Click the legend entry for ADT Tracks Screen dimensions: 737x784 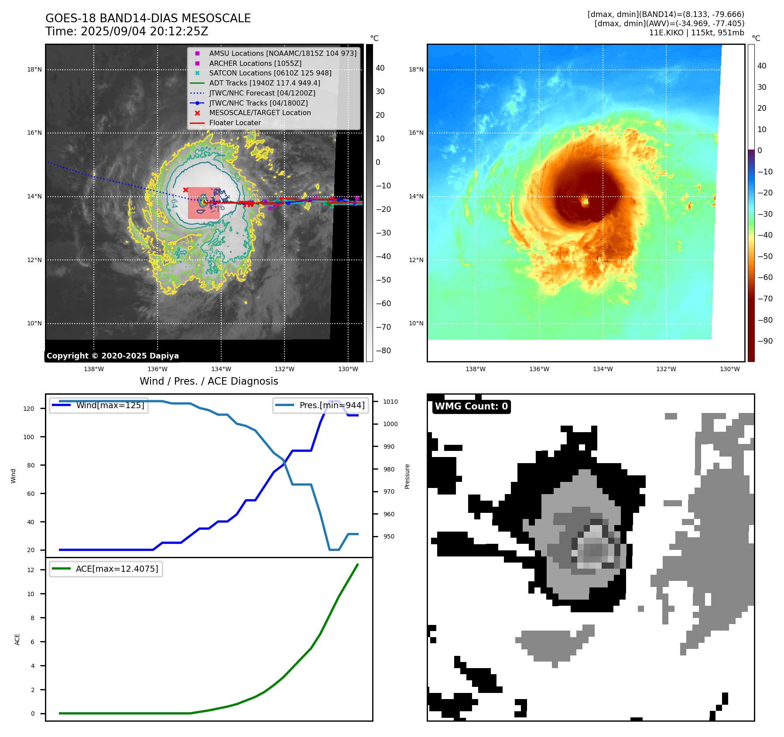click(264, 83)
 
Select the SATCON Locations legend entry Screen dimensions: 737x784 click(270, 73)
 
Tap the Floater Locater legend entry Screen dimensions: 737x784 click(235, 123)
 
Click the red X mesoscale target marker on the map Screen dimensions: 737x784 click(185, 190)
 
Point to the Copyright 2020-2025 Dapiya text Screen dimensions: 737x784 click(113, 356)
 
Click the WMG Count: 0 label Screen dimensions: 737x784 click(471, 406)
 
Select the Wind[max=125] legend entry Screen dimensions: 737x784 click(110, 405)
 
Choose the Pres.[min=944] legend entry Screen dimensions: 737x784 click(332, 405)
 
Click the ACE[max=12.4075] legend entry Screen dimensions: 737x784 click(116, 569)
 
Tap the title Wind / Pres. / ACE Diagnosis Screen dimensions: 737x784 click(209, 381)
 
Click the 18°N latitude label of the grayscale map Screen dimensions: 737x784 click(34, 69)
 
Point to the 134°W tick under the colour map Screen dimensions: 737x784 click(603, 369)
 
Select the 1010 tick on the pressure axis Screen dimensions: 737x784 click(390, 402)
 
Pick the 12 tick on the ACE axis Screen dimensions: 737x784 click(31, 570)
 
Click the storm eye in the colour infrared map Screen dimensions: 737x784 click(585, 201)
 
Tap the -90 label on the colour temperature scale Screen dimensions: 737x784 click(765, 341)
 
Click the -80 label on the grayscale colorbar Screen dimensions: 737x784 click(383, 351)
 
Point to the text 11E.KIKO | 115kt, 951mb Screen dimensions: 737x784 click(696, 33)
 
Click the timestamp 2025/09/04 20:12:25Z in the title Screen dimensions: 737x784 click(144, 32)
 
